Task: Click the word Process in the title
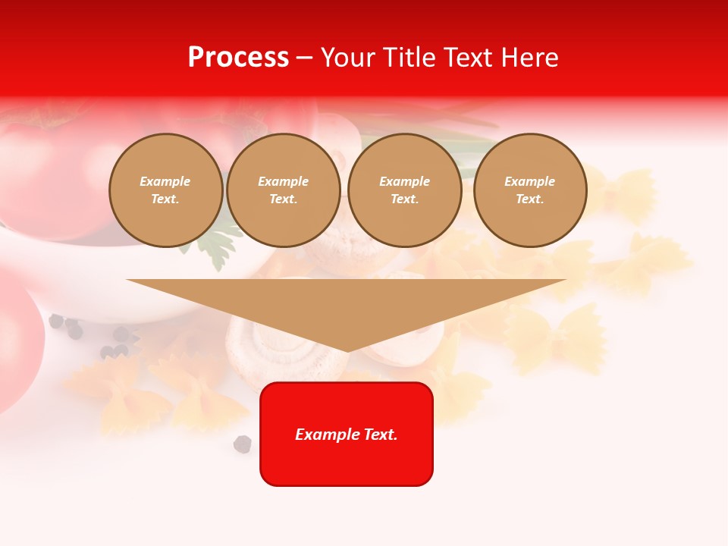(x=238, y=58)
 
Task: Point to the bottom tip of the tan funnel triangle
(x=347, y=350)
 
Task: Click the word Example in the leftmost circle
(x=165, y=182)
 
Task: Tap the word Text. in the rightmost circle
(x=530, y=199)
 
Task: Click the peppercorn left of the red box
(x=243, y=444)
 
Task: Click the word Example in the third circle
(x=404, y=182)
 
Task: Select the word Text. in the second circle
(x=284, y=199)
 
